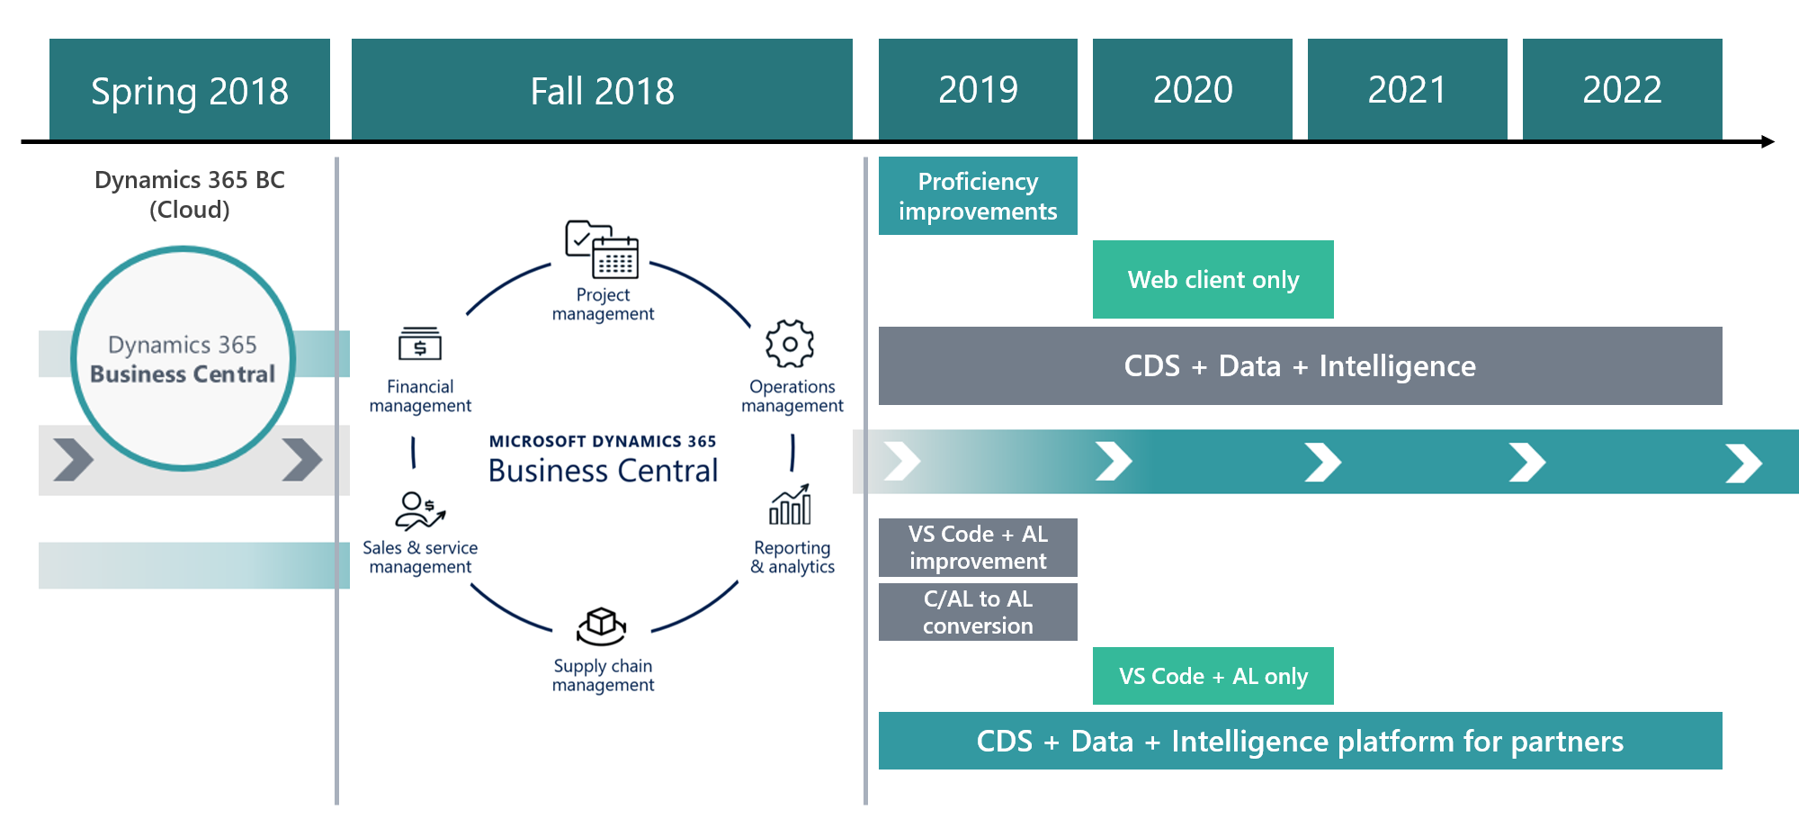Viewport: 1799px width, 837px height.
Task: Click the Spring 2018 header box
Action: pos(190,89)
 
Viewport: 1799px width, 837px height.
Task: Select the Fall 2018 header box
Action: pos(602,89)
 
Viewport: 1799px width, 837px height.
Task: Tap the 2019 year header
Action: pos(978,89)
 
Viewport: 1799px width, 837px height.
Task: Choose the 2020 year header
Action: pos(1193,89)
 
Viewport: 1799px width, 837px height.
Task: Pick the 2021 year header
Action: pos(1407,89)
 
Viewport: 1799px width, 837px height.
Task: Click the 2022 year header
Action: pos(1622,89)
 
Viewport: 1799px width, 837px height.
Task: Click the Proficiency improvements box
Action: pos(978,195)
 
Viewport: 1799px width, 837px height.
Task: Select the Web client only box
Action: pos(1213,279)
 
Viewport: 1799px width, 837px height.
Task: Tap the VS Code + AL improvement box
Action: pos(978,547)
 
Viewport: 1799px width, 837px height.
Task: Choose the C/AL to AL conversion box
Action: pos(978,612)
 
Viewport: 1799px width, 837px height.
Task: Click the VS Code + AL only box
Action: pos(1213,676)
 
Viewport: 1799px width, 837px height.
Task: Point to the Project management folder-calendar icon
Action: pos(602,249)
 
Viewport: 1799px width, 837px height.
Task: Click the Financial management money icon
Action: pos(420,345)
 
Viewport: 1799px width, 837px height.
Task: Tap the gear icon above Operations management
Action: pos(790,344)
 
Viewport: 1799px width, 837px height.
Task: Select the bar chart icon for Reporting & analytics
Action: pos(791,506)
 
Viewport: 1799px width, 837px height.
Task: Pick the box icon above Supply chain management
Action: pos(602,625)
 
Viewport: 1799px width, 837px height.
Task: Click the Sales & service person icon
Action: pos(419,511)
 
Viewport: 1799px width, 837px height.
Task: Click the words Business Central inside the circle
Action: pos(183,373)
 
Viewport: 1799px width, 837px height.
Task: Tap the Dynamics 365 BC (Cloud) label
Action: pos(190,194)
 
